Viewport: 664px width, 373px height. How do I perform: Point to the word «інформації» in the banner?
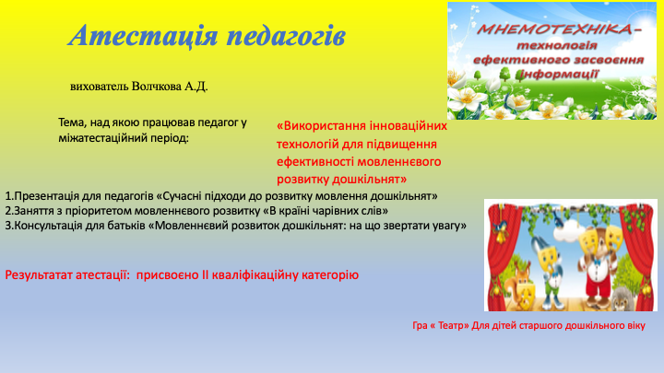pos(559,75)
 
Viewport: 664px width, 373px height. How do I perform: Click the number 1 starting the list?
pos(8,196)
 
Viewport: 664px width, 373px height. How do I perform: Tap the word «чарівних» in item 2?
pos(326,211)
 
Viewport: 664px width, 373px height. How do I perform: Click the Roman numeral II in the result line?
pos(205,274)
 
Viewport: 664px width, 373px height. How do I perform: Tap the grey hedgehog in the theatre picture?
pos(626,299)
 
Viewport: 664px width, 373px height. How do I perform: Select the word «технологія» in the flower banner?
pos(556,45)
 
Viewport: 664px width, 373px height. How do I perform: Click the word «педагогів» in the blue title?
pos(286,36)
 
